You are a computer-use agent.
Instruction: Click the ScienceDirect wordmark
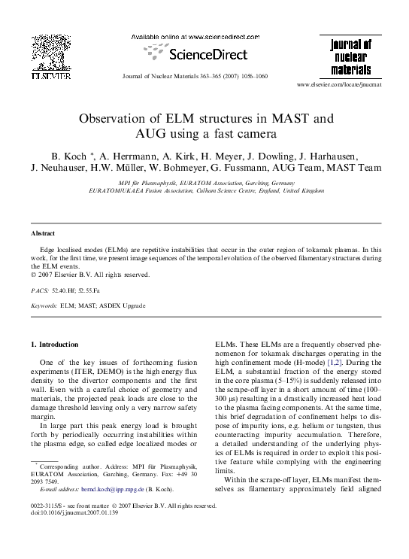coord(204,54)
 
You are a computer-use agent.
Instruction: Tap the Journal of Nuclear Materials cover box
coord(351,57)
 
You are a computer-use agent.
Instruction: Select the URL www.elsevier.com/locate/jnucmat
coord(350,85)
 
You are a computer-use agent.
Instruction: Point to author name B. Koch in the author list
coord(67,156)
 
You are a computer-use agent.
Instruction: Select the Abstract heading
coord(44,234)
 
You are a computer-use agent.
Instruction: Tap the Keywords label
coord(44,306)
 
